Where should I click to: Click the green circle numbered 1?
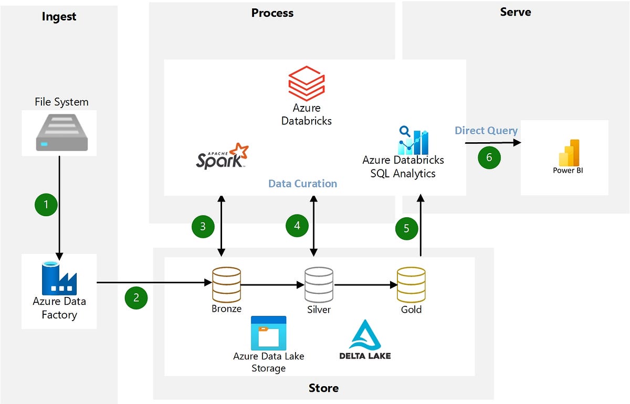pyautogui.click(x=46, y=205)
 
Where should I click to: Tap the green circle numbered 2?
pyautogui.click(x=136, y=297)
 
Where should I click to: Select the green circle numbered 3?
pyautogui.click(x=203, y=226)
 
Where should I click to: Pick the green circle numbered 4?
pyautogui.click(x=297, y=226)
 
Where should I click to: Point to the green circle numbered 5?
pyautogui.click(x=406, y=229)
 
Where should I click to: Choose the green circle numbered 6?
pyautogui.click(x=489, y=157)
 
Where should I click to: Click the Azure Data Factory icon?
pyautogui.click(x=59, y=278)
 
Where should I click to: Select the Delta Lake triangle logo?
pyautogui.click(x=365, y=335)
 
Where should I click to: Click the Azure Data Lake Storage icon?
pyautogui.click(x=268, y=333)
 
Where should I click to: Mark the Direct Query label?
pyautogui.click(x=486, y=131)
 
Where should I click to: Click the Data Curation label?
pyautogui.click(x=302, y=184)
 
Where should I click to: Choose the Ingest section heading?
pyautogui.click(x=59, y=17)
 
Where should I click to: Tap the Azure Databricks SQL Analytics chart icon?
pyautogui.click(x=414, y=141)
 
